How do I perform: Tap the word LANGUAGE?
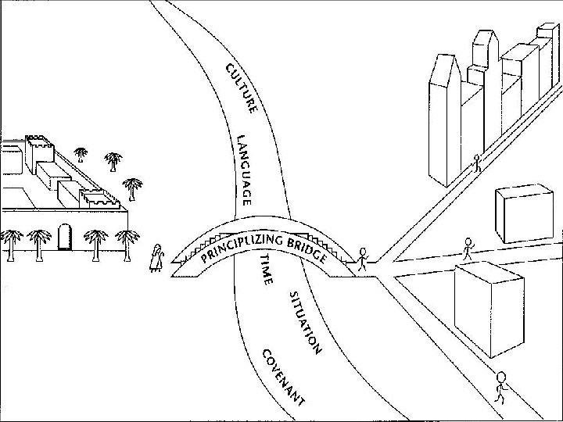pos(244,170)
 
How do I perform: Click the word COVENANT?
pos(281,377)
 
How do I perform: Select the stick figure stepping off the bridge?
pos(362,259)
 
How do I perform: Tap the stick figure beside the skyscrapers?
pos(476,163)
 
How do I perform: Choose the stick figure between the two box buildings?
pos(468,249)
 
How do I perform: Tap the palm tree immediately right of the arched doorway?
pos(95,241)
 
